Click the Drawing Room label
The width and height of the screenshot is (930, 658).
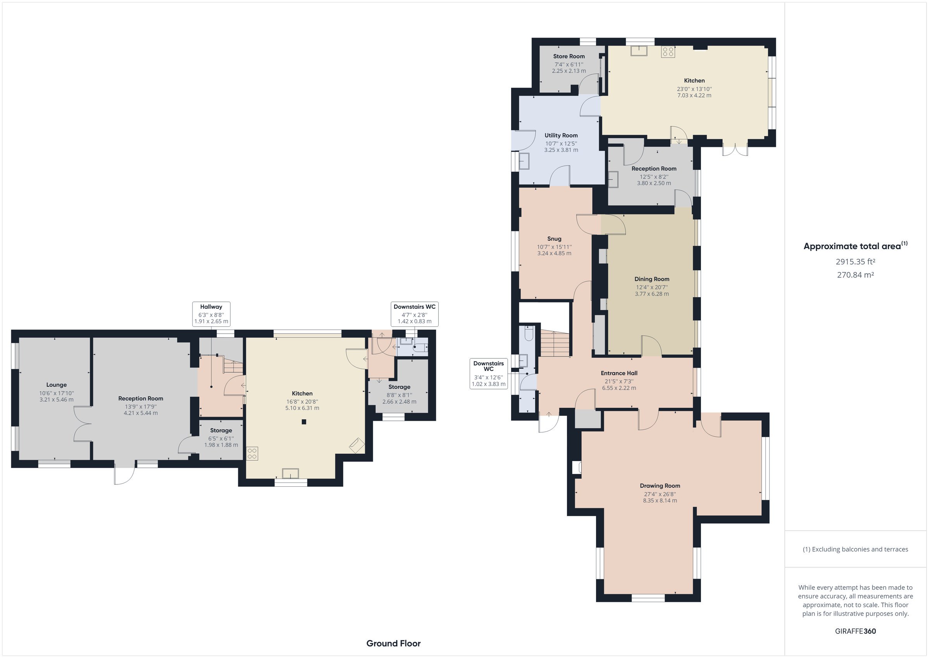[660, 486]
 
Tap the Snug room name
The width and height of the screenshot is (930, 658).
[554, 239]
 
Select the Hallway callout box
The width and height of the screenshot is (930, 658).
[211, 313]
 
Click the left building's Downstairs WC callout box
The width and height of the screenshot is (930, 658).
[414, 313]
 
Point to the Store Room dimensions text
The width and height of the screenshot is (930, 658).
[569, 68]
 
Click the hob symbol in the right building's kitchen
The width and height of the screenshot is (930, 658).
[668, 52]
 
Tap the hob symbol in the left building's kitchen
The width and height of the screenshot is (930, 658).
[252, 453]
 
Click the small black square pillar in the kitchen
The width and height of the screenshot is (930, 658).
[304, 422]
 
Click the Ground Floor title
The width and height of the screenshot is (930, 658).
[393, 643]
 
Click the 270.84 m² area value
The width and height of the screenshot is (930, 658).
[856, 275]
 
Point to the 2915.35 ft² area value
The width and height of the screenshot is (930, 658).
[856, 262]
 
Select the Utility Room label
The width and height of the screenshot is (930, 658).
[561, 135]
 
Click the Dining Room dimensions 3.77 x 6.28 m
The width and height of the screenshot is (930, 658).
[652, 294]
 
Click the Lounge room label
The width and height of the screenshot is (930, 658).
[56, 384]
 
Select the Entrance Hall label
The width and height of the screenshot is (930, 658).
[619, 373]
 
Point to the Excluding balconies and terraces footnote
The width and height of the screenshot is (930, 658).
[856, 549]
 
